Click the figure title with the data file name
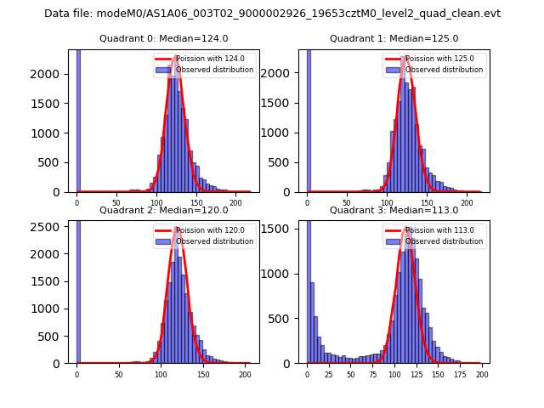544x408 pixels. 272,14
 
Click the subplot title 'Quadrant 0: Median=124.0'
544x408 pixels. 163,38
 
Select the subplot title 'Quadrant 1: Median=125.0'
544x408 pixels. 394,38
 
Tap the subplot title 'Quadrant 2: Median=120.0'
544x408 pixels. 163,210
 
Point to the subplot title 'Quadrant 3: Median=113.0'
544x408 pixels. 394,210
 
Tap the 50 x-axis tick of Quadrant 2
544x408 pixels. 119,374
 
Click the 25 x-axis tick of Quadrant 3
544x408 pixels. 329,374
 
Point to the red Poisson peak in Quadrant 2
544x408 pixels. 177,228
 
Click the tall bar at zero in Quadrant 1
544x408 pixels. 308,119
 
